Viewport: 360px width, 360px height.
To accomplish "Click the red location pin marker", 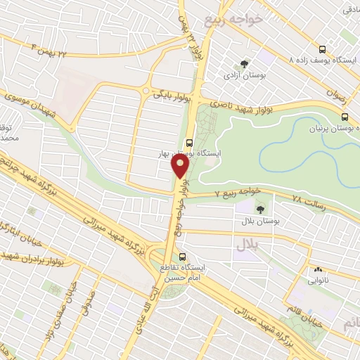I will pyautogui.click(x=181, y=166).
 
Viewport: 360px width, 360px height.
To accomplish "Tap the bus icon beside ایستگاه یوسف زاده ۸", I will pyautogui.click(x=322, y=50).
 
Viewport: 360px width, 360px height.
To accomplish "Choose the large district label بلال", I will pyautogui.click(x=248, y=245).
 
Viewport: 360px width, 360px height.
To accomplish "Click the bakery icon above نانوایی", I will pyautogui.click(x=318, y=269).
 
